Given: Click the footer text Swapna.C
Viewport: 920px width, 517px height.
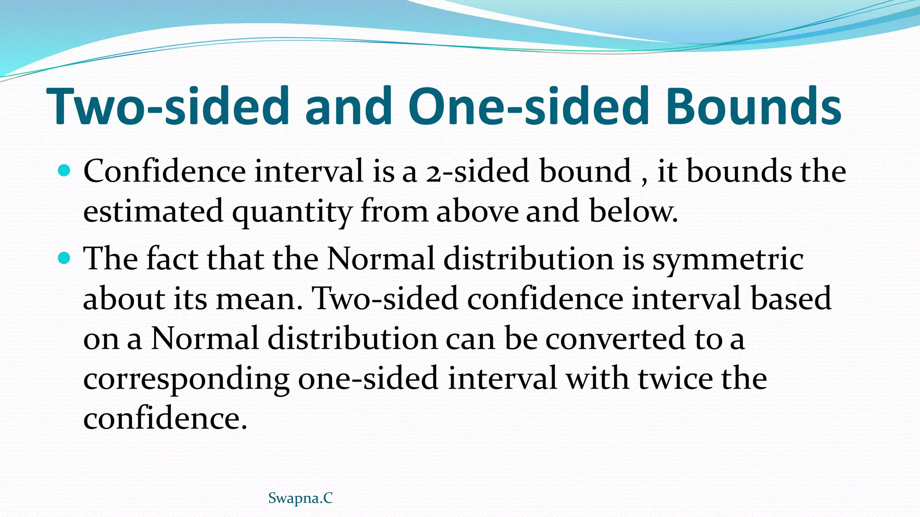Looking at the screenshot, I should (300, 498).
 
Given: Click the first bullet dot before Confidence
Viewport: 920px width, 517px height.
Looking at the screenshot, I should (65, 171).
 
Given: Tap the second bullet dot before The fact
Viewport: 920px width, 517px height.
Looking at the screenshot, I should (65, 258).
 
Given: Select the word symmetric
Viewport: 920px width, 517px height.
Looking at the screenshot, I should (727, 259).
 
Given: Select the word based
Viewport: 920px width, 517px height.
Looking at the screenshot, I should (791, 299).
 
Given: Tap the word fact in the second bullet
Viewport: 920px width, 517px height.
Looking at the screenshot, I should (172, 259).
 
